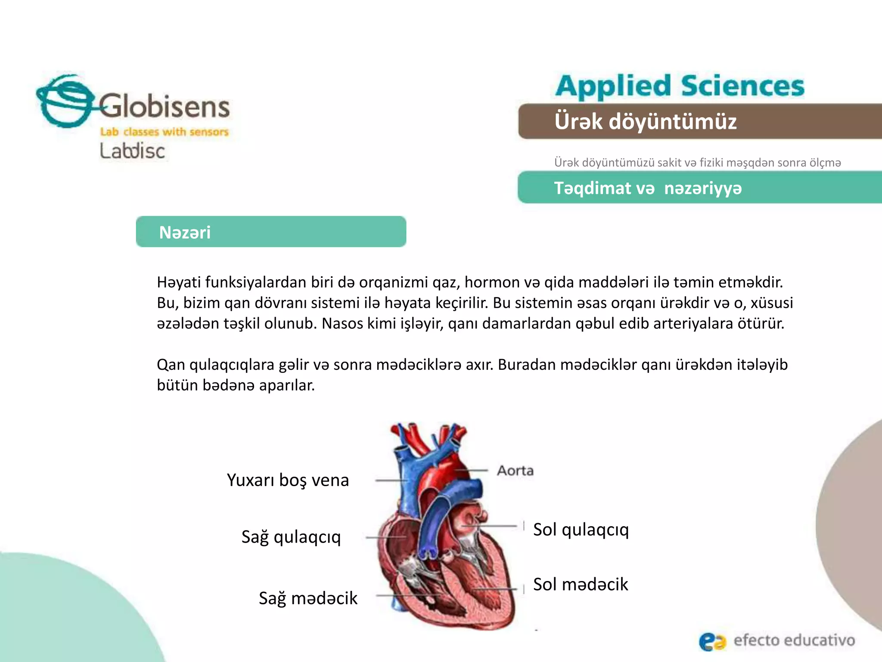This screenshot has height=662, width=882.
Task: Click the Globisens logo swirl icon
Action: pyautogui.click(x=65, y=101)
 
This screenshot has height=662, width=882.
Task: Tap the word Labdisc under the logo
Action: pyautogui.click(x=132, y=151)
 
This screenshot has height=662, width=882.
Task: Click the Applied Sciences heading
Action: pyautogui.click(x=680, y=86)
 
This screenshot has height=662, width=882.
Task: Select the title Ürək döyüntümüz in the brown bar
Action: pyautogui.click(x=645, y=121)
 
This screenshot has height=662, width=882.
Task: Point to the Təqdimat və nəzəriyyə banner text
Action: pyautogui.click(x=648, y=188)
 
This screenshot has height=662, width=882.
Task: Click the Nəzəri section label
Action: pyautogui.click(x=185, y=232)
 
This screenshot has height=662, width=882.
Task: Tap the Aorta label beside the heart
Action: pyautogui.click(x=515, y=470)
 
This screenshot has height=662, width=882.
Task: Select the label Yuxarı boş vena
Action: pyautogui.click(x=288, y=480)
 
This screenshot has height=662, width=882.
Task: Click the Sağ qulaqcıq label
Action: pyautogui.click(x=291, y=537)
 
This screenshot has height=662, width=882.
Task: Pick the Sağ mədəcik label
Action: pyautogui.click(x=308, y=598)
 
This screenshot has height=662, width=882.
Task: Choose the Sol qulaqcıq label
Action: pyautogui.click(x=581, y=529)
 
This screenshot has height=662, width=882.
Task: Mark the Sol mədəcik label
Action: pyautogui.click(x=581, y=584)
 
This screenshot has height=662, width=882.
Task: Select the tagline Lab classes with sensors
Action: pyautogui.click(x=164, y=131)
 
